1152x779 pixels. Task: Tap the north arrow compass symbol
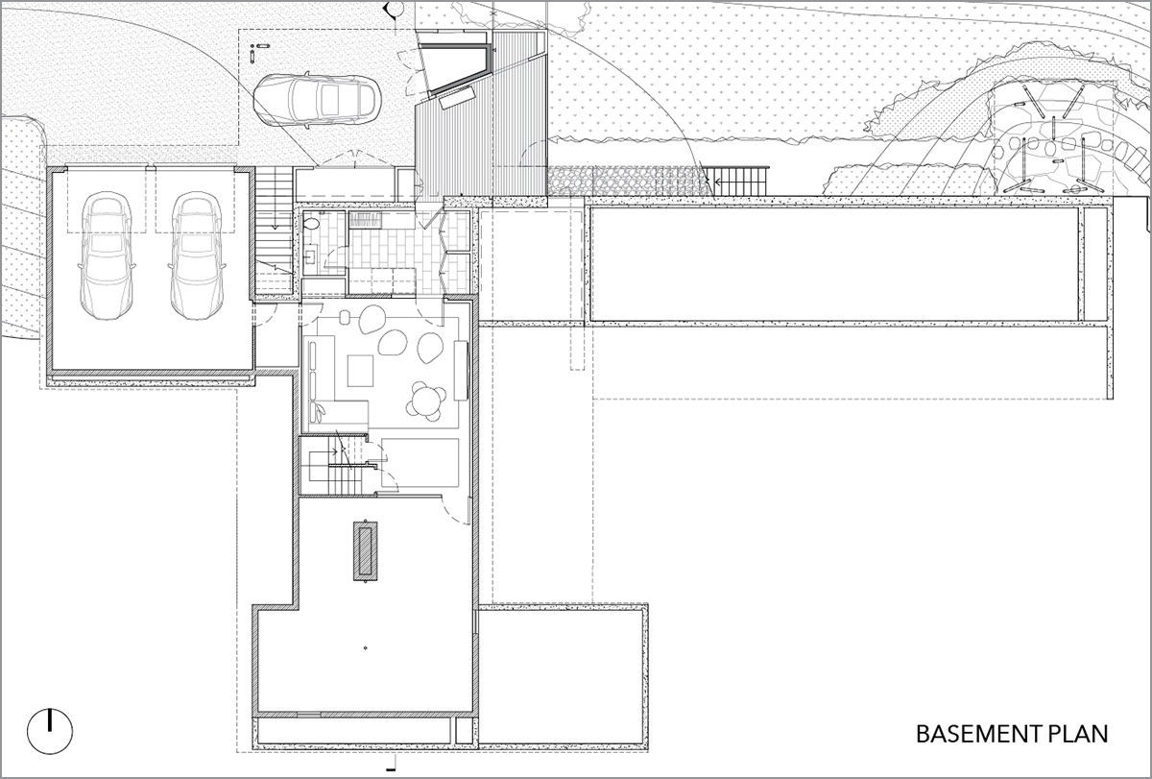coord(50,732)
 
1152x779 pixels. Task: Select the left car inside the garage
coord(107,256)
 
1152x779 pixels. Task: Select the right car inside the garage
coord(197,256)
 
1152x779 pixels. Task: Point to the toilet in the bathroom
coord(311,225)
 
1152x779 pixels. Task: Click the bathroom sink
coord(312,256)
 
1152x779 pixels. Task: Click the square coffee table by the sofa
coord(360,371)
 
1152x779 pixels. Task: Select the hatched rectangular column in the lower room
coord(365,551)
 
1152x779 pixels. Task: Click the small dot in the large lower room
coord(365,647)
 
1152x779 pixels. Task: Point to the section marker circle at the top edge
coord(396,8)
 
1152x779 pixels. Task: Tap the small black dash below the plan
coord(391,769)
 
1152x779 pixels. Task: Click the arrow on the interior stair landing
coord(329,451)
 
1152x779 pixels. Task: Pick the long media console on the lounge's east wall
coord(461,370)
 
